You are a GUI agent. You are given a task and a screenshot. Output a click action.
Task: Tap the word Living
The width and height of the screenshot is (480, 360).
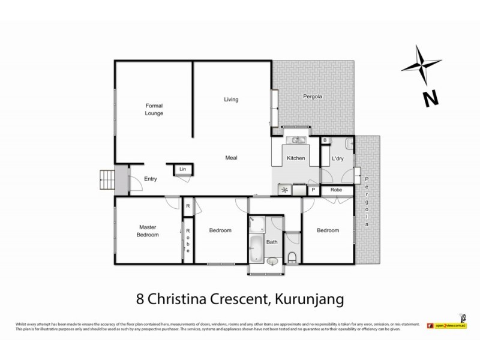click(232, 99)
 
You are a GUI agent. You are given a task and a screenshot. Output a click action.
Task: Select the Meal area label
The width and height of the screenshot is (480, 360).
click(232, 158)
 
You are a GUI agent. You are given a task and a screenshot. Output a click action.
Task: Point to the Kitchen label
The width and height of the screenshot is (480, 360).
click(296, 158)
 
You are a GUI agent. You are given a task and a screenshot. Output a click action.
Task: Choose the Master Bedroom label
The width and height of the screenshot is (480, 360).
click(148, 231)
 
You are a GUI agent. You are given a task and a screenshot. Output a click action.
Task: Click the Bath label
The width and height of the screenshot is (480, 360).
click(272, 242)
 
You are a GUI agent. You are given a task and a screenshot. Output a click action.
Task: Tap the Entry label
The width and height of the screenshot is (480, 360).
click(151, 179)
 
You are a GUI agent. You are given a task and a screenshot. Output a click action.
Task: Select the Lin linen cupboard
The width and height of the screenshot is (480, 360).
click(183, 170)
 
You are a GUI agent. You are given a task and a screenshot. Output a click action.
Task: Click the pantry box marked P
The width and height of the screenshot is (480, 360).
click(313, 190)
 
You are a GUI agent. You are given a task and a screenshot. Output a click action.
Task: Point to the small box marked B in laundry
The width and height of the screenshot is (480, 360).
click(325, 140)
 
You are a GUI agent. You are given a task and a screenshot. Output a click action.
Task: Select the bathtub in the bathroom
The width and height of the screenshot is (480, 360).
click(256, 247)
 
